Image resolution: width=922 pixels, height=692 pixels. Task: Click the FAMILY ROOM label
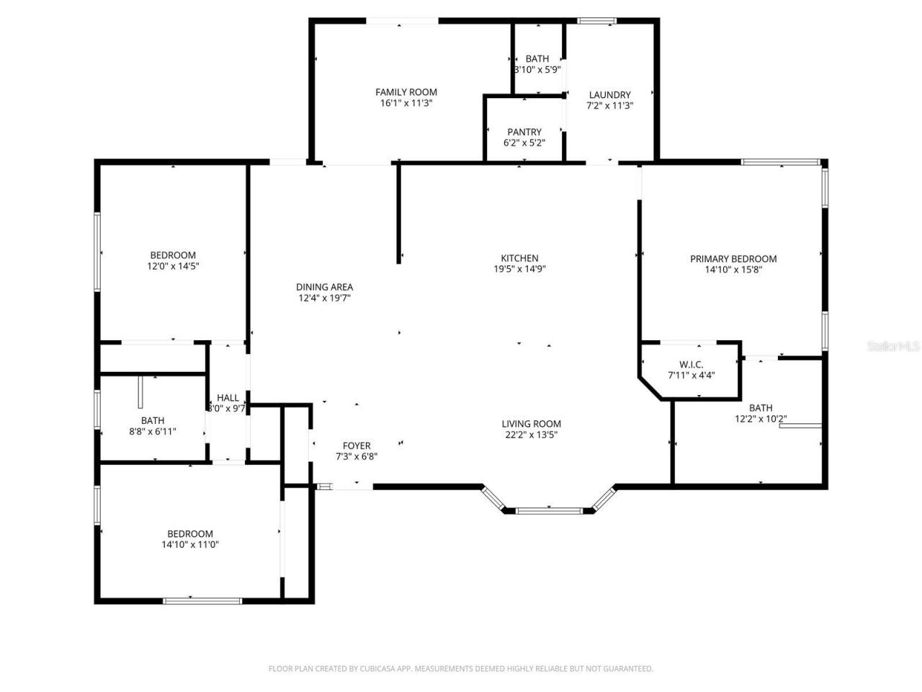click(406, 92)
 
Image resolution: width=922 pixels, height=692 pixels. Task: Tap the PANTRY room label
click(524, 132)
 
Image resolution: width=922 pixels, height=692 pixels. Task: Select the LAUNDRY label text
click(609, 94)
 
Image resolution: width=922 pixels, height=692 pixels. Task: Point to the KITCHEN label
click(519, 258)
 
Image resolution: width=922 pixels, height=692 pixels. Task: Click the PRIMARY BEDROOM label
click(733, 259)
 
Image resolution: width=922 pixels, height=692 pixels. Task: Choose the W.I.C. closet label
click(691, 364)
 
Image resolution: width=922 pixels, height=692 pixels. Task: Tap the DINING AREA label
click(324, 287)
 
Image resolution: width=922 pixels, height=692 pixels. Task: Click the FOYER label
click(357, 445)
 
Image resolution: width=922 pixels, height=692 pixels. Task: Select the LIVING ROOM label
click(532, 424)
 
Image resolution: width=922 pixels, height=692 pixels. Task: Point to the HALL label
click(228, 398)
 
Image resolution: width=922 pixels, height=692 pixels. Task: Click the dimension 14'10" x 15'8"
click(733, 270)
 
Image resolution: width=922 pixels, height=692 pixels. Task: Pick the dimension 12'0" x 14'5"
click(173, 266)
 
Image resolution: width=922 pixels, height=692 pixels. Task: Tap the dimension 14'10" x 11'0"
click(190, 545)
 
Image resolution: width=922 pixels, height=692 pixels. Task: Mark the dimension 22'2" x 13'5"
click(532, 435)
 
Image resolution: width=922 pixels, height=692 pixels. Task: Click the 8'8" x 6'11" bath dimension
click(153, 431)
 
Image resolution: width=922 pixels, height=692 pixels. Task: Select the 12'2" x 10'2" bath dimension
click(761, 419)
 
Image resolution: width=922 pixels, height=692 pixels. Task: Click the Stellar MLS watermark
click(893, 347)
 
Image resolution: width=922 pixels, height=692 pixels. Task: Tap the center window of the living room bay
click(548, 511)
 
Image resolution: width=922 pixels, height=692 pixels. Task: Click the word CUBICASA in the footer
click(380, 669)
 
